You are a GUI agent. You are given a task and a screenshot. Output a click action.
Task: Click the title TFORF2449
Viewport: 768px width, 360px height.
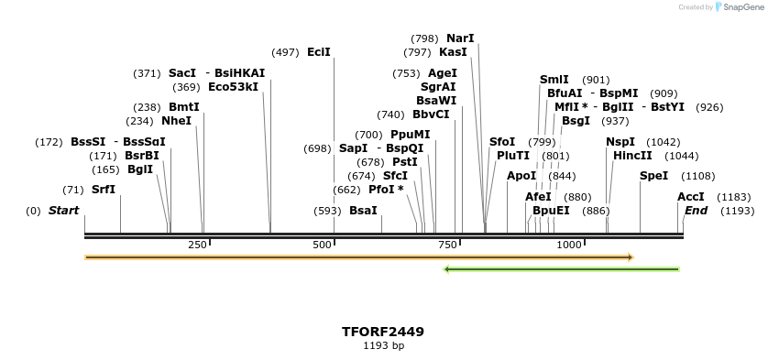383,332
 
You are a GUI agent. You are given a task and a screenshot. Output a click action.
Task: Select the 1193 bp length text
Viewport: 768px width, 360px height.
383,346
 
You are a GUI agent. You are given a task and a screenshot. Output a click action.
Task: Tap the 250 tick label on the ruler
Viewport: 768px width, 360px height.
197,245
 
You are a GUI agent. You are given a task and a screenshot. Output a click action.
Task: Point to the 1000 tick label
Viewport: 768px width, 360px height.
568,245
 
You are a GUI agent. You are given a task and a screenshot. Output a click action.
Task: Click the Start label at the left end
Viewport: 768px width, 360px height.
63,211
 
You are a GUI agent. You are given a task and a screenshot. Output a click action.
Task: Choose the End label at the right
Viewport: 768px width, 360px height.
696,211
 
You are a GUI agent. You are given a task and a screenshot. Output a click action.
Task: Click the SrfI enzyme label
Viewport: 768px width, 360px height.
104,190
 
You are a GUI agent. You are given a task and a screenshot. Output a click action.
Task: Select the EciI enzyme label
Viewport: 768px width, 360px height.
319,52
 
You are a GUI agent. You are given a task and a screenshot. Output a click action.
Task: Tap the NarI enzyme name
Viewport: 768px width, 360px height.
460,38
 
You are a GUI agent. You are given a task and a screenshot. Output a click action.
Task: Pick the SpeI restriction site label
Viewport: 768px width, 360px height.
653,176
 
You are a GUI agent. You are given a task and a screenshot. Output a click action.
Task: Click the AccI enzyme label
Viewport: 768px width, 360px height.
691,197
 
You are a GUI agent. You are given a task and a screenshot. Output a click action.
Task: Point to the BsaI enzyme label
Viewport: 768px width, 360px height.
363,211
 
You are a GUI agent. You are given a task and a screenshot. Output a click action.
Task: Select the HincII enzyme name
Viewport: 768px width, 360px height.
632,156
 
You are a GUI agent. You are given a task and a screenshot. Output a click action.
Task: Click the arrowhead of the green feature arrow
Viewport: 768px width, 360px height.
447,269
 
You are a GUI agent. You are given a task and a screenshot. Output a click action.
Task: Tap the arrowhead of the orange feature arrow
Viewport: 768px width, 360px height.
630,257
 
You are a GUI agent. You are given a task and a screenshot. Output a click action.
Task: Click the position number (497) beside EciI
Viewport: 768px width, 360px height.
286,52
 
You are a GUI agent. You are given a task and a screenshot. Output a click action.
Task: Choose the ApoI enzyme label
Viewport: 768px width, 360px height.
521,176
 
